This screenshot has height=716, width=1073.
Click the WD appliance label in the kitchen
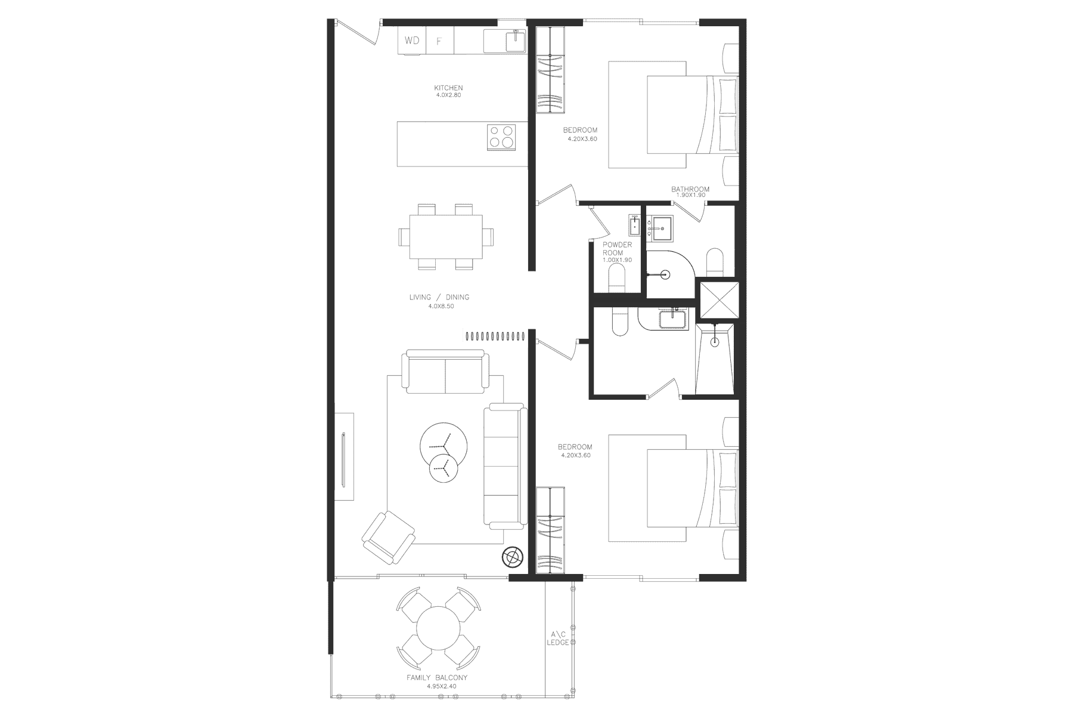coord(412,41)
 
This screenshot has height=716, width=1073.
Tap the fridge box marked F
coord(440,41)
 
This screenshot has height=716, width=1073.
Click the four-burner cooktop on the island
coord(501,136)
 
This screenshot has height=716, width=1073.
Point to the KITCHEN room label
coord(448,88)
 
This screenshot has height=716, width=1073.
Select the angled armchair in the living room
coord(389,538)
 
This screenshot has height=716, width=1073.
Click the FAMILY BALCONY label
coord(437,678)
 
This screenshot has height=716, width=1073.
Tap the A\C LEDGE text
coord(558,638)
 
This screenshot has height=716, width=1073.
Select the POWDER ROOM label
coord(617,248)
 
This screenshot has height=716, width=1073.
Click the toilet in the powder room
coord(616,279)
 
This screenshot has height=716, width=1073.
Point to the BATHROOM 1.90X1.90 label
coord(690,192)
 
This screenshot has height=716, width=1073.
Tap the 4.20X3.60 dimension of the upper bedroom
coord(582,139)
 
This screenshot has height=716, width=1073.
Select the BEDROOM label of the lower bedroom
coord(575,447)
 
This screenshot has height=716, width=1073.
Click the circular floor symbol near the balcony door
coord(511,556)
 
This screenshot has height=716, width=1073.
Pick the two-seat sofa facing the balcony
coord(445,374)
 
